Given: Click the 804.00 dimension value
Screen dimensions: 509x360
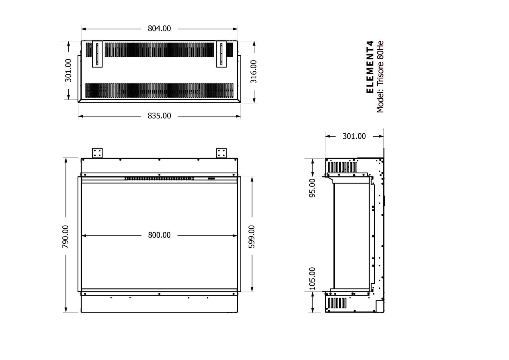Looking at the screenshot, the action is pyautogui.click(x=159, y=29).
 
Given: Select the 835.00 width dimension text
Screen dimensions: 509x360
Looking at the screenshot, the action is pyautogui.click(x=159, y=116).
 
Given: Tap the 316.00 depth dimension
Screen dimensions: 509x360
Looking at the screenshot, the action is pyautogui.click(x=253, y=72).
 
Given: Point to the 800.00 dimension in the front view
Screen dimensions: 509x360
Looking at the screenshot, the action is pyautogui.click(x=159, y=235).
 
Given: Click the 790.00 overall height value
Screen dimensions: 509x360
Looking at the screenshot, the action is pyautogui.click(x=65, y=236).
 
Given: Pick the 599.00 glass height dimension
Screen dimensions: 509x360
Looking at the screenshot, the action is pyautogui.click(x=252, y=236).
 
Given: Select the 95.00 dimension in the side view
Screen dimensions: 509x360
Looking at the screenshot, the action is pyautogui.click(x=313, y=188).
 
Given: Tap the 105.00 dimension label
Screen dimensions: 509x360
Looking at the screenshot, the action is pyautogui.click(x=313, y=279).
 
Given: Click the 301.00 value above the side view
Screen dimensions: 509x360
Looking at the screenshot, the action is pyautogui.click(x=354, y=136).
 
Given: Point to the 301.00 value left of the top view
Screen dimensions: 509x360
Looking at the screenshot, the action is pyautogui.click(x=68, y=71).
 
